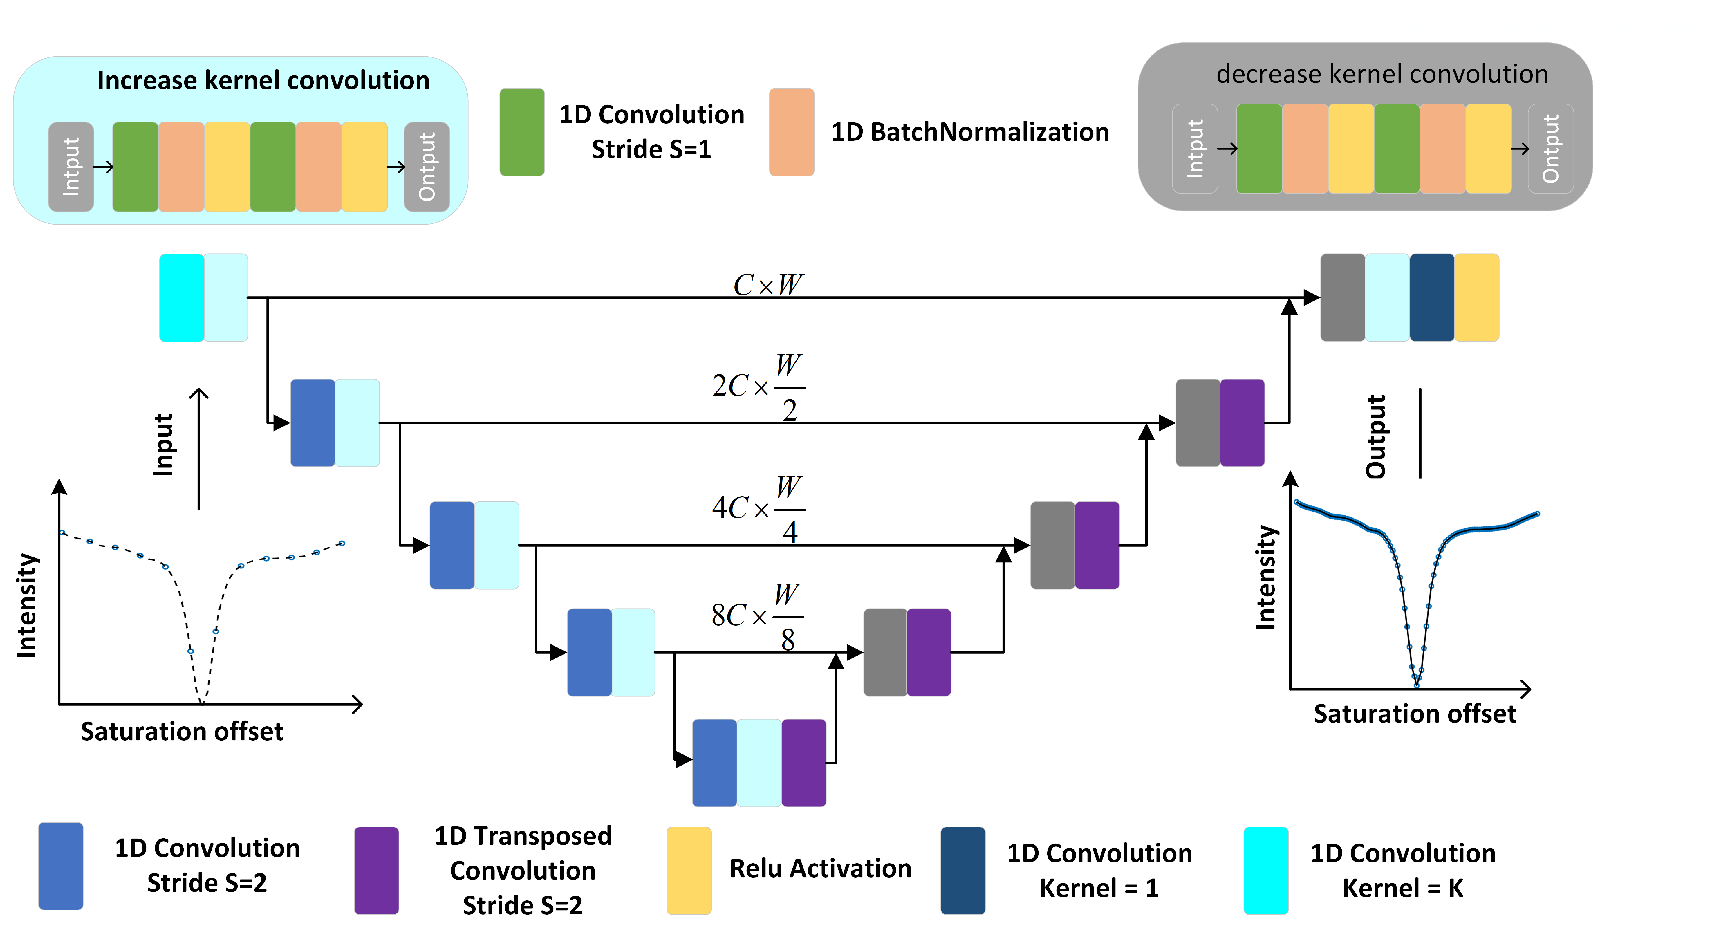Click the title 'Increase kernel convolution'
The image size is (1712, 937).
click(x=263, y=80)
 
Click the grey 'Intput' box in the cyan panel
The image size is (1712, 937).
click(x=71, y=167)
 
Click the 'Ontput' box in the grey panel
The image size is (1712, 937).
click(x=1550, y=149)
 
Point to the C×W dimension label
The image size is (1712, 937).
click(x=767, y=284)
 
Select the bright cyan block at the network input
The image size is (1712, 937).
click(x=181, y=298)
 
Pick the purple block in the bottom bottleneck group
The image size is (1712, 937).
click(x=803, y=763)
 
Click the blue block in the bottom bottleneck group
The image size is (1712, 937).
click(x=714, y=763)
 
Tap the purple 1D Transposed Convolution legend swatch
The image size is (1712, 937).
click(x=376, y=871)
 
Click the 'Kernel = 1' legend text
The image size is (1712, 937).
click(x=1099, y=888)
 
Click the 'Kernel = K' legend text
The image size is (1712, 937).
click(x=1403, y=888)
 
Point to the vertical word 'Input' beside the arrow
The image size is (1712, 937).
click(x=163, y=445)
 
